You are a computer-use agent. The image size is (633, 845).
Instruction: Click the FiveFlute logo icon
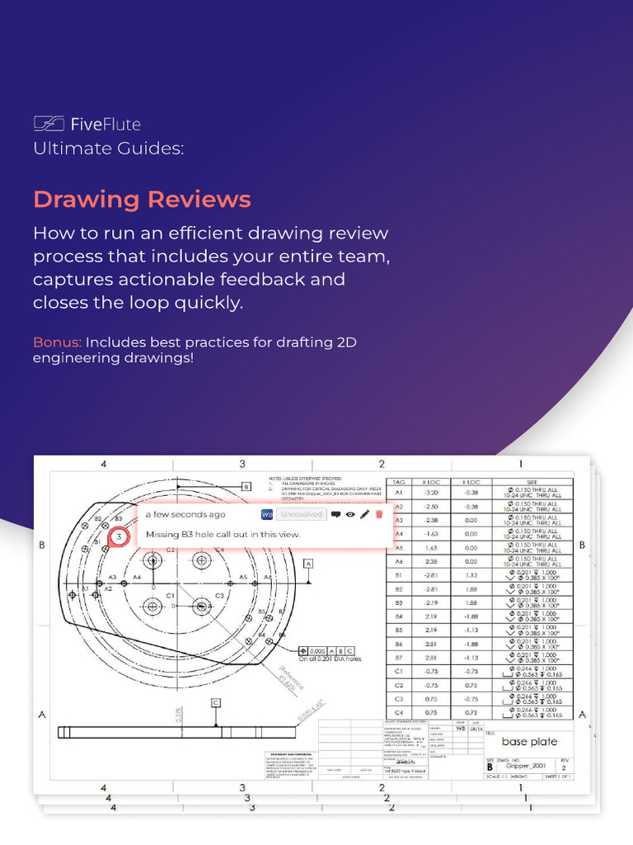(49, 124)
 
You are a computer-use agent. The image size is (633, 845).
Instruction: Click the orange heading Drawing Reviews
(142, 200)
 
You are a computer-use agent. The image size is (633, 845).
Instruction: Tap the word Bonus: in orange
(58, 342)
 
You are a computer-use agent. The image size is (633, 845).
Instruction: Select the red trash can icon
(379, 514)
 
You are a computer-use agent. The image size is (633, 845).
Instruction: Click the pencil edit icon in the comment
(364, 514)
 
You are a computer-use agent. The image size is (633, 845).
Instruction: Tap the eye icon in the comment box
(350, 514)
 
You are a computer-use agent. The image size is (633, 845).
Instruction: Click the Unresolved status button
(300, 514)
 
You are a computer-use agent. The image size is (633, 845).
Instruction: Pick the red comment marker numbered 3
(119, 537)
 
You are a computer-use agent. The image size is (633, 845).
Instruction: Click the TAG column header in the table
(399, 482)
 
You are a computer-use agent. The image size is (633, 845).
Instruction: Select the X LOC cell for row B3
(429, 603)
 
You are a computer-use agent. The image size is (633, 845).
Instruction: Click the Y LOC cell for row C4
(471, 712)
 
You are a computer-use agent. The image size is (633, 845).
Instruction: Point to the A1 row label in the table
(399, 493)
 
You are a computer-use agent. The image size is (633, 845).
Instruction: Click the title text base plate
(529, 741)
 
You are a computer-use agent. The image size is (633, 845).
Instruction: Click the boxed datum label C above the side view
(216, 702)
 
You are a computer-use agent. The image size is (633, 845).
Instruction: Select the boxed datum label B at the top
(246, 487)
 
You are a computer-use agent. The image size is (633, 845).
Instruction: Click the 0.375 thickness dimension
(179, 714)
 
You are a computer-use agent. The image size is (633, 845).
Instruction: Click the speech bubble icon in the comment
(335, 514)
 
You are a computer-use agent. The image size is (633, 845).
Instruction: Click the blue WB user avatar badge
(266, 514)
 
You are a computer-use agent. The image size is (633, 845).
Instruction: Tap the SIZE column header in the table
(532, 482)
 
